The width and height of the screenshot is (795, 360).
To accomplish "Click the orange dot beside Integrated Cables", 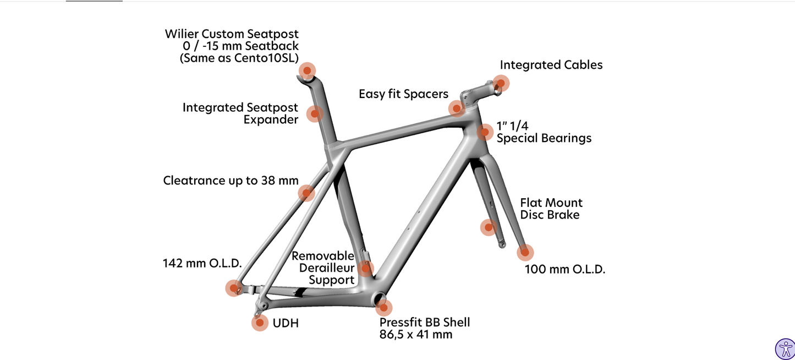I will (501, 84).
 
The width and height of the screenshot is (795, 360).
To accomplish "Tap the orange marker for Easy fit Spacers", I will (457, 108).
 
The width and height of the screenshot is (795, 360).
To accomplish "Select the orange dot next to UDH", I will (260, 323).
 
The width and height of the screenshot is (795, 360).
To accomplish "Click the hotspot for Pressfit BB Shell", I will (383, 308).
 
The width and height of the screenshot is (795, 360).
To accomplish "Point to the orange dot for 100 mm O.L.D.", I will (525, 253).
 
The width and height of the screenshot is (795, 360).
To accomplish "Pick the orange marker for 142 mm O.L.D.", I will (234, 288).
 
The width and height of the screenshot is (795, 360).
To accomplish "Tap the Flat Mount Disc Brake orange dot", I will (489, 227).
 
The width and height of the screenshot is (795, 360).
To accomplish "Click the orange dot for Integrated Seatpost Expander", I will (315, 114).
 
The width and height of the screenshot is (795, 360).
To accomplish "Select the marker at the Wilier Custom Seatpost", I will (307, 70).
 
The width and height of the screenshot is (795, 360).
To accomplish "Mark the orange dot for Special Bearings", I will (485, 132).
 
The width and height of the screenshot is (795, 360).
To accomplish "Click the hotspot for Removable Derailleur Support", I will (365, 269).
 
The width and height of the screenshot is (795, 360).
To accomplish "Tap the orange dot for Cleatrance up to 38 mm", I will (306, 193).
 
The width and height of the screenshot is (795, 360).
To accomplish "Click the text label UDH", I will (286, 323).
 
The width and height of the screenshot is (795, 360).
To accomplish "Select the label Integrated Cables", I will (551, 65).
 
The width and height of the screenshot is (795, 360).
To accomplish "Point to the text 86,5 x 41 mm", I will (415, 335).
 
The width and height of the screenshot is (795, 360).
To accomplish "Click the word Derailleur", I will (327, 268).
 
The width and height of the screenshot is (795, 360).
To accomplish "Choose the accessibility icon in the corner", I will (785, 348).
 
